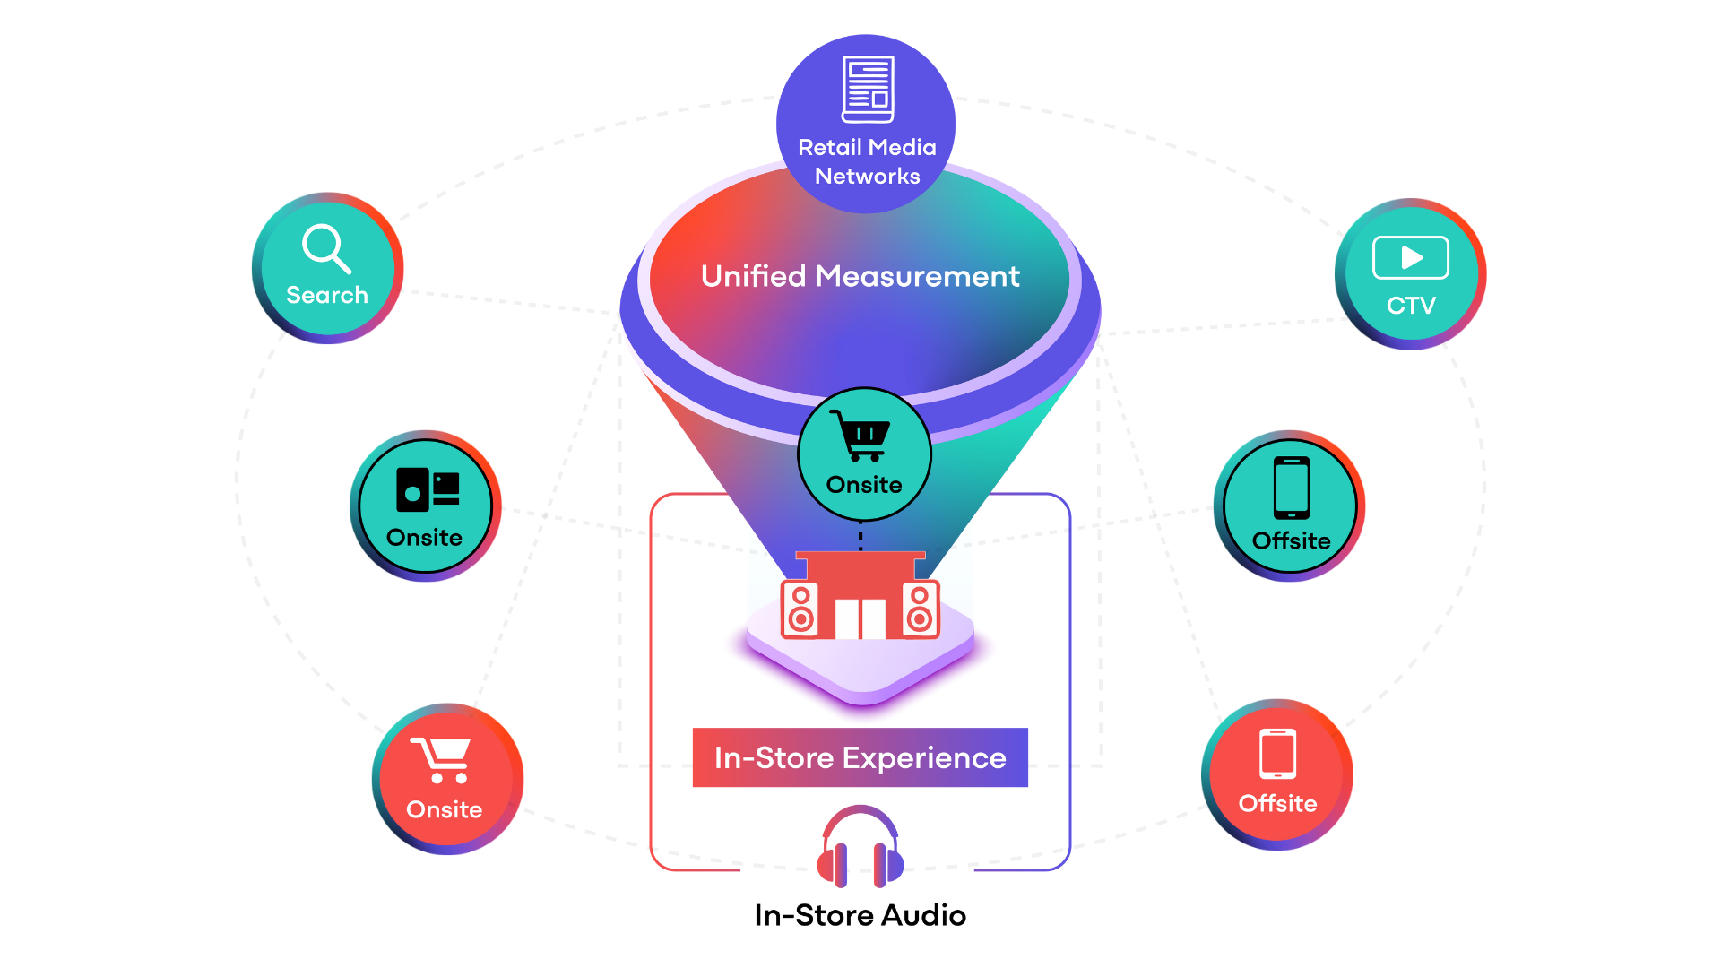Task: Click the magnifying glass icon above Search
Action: pyautogui.click(x=325, y=248)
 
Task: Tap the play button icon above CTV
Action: pyautogui.click(x=1410, y=258)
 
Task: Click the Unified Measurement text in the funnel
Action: pyautogui.click(x=860, y=276)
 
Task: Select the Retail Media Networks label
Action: pyautogui.click(x=867, y=161)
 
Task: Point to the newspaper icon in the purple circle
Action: pyautogui.click(x=868, y=89)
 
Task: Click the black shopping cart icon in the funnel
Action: pyautogui.click(x=860, y=436)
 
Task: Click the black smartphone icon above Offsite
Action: pyautogui.click(x=1291, y=488)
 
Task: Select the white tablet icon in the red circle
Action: pyautogui.click(x=1277, y=754)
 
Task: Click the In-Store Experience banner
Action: pyautogui.click(x=860, y=758)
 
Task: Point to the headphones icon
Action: pyautogui.click(x=860, y=846)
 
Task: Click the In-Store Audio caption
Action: pyautogui.click(x=860, y=915)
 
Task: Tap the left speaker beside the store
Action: pyautogui.click(x=800, y=609)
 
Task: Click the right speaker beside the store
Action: pyautogui.click(x=920, y=609)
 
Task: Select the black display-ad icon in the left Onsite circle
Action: pyautogui.click(x=428, y=489)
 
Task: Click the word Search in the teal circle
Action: pyautogui.click(x=327, y=295)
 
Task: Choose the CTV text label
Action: pyautogui.click(x=1411, y=306)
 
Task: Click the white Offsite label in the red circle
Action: pyautogui.click(x=1277, y=803)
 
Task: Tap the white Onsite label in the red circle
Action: pyautogui.click(x=444, y=809)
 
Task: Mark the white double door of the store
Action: pyautogui.click(x=860, y=618)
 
